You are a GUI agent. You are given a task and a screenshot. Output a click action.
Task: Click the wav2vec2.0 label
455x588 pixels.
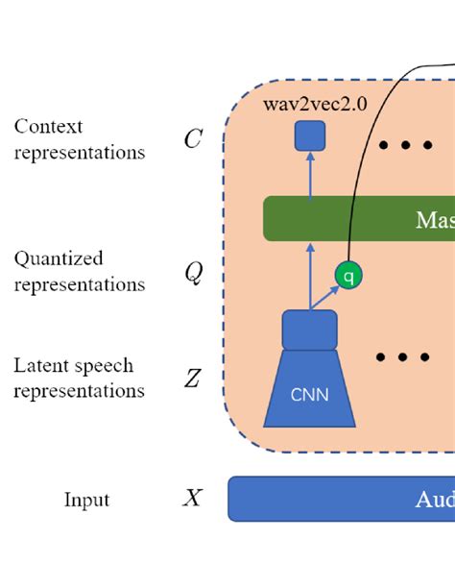tap(315, 104)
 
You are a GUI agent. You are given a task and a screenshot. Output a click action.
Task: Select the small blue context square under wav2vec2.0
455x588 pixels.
tap(310, 136)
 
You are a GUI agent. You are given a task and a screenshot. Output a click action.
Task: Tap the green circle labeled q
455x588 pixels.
tap(349, 276)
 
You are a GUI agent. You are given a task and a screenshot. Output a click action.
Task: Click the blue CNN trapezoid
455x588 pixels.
tap(309, 389)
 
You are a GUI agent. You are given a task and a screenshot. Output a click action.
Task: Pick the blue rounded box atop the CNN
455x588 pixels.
tap(309, 330)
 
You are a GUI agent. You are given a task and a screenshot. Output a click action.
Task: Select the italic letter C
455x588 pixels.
tap(193, 139)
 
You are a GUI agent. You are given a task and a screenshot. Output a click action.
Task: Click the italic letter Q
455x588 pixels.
tap(193, 273)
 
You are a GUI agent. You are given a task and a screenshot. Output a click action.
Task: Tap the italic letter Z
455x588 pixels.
tap(193, 379)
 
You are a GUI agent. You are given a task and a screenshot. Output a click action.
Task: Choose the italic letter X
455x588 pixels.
tap(193, 499)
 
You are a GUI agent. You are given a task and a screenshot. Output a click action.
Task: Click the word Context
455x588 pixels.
tap(48, 127)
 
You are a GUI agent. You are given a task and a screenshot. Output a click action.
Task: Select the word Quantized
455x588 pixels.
tap(59, 258)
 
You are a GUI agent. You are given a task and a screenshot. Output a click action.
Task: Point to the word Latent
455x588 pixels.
tap(40, 366)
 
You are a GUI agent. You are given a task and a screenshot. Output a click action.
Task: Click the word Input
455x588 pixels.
tap(86, 500)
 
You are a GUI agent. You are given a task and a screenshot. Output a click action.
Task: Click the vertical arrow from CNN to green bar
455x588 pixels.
tap(309, 275)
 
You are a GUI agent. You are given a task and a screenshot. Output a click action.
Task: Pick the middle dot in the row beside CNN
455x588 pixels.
tap(402, 357)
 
